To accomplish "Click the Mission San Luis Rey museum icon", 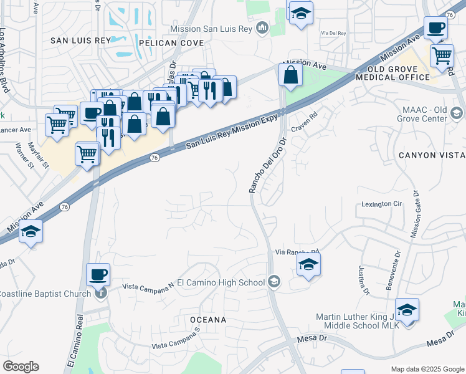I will (x=262, y=29).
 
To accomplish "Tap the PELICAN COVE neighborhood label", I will (x=171, y=43).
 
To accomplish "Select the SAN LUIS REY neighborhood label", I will (x=80, y=40).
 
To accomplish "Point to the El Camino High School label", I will (x=221, y=282).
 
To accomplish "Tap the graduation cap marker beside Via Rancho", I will (x=308, y=265).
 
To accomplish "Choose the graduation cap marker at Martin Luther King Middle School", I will (x=407, y=310).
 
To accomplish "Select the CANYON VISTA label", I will (x=432, y=155).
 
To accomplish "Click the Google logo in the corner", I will (x=21, y=367).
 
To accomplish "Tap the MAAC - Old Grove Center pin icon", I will (x=457, y=113).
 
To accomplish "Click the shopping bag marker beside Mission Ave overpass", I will (x=290, y=75).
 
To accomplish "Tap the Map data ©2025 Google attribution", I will (x=427, y=369).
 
